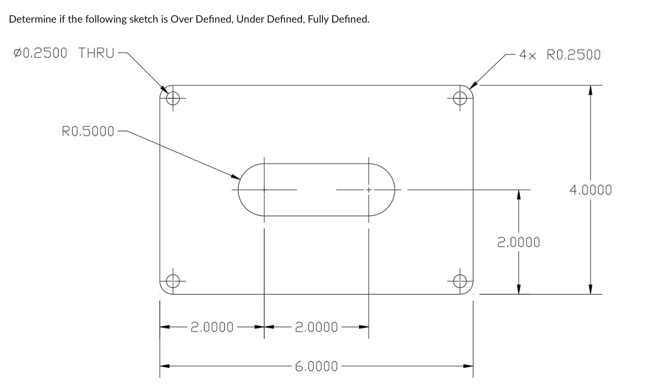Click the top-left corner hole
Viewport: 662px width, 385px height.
(x=174, y=97)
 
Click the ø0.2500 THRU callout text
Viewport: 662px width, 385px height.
(x=62, y=52)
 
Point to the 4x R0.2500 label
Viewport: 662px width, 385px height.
(x=559, y=54)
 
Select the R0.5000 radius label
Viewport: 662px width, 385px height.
(x=88, y=131)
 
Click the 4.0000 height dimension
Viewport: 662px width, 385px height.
(x=590, y=190)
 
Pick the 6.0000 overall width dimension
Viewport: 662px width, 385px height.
(x=316, y=366)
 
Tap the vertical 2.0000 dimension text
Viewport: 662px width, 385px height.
(x=518, y=242)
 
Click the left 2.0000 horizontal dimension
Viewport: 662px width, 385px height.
(x=212, y=326)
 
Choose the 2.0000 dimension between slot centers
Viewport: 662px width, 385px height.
(x=316, y=326)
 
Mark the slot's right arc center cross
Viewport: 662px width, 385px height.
(x=368, y=190)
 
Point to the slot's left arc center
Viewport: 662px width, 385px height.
(x=264, y=190)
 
